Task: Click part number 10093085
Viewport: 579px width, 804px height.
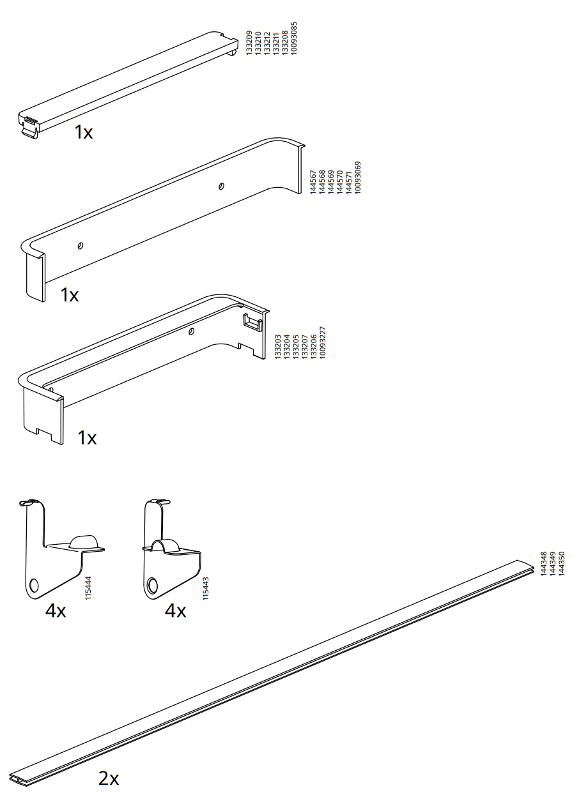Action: point(294,38)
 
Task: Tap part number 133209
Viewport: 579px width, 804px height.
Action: point(249,43)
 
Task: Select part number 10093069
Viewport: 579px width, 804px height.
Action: point(358,178)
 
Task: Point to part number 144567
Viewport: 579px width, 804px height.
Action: point(313,183)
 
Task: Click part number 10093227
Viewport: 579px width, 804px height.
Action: point(322,342)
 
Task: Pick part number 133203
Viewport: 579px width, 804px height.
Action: point(277,347)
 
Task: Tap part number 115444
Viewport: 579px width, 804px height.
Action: point(88,588)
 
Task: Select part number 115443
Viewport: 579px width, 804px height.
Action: point(206,589)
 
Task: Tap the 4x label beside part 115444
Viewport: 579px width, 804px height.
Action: point(56,611)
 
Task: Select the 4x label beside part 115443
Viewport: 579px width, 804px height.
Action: point(175,611)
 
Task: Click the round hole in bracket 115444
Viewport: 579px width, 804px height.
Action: point(34,586)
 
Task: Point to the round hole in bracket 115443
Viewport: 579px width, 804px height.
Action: point(152,586)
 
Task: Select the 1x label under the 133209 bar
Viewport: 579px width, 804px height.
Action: point(83,132)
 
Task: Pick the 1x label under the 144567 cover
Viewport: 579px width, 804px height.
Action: point(69,294)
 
